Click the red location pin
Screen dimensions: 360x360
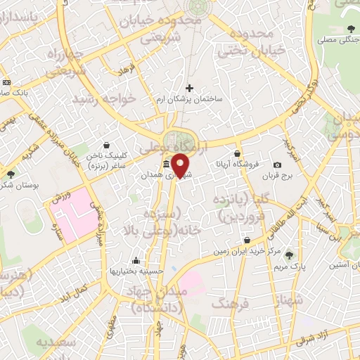tap(181, 165)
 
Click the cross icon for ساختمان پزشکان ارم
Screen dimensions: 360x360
tap(189, 88)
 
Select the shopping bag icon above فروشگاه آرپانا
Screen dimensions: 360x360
tap(238, 153)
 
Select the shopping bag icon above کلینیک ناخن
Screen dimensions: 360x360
tap(105, 146)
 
